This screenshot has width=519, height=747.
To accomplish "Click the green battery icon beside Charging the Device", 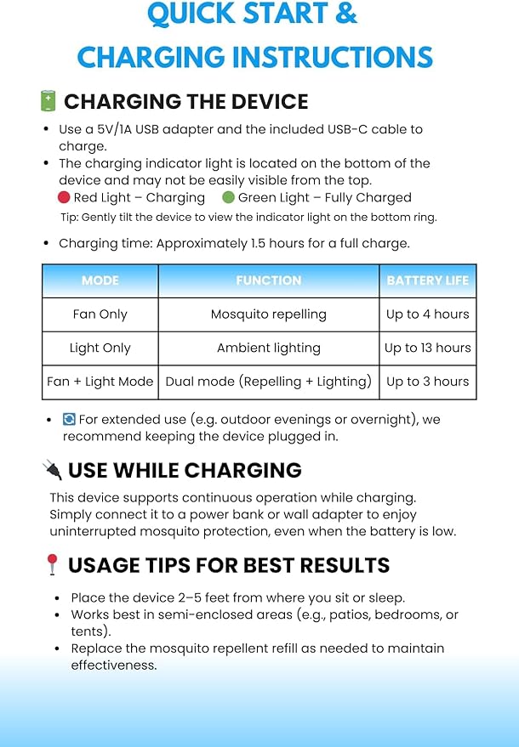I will point(48,102).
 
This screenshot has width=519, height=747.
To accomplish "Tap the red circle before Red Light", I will point(64,198).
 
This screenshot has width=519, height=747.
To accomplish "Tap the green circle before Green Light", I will point(228,198).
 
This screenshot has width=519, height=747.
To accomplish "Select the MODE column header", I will point(100,280).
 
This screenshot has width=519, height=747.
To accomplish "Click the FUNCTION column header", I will point(269,280).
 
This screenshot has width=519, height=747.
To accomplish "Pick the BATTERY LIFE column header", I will point(427,280).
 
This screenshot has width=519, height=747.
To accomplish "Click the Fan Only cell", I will point(100,314).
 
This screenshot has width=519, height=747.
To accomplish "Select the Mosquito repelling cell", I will point(269,314).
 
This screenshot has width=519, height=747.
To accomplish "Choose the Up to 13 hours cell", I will point(427,348).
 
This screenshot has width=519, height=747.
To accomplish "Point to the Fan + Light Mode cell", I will point(100,382).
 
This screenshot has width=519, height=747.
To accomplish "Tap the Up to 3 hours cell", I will point(427,382).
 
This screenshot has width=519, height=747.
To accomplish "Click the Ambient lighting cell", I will point(269,348).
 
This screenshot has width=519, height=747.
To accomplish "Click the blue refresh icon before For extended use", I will point(69,420).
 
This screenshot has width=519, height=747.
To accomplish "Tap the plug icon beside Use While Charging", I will point(51,470).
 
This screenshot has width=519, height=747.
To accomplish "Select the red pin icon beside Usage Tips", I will point(51,565).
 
